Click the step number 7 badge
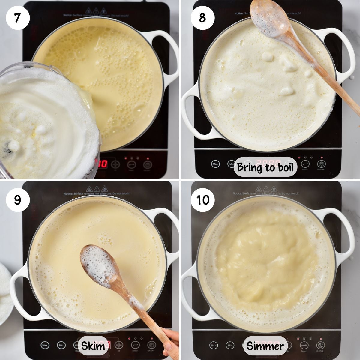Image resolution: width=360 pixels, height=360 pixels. pos(17,18)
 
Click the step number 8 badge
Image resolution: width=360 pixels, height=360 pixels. pos(202,18)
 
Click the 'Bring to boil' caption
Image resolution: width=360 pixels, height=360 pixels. pos(265,167)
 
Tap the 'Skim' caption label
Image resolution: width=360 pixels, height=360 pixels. pos(93,346)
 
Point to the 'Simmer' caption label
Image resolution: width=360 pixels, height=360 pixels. pos(265,346)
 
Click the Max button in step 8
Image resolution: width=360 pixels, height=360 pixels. pos(215,164)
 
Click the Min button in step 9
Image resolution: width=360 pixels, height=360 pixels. pos(61,345)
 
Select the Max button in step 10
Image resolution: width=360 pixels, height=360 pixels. pos(214,346)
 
